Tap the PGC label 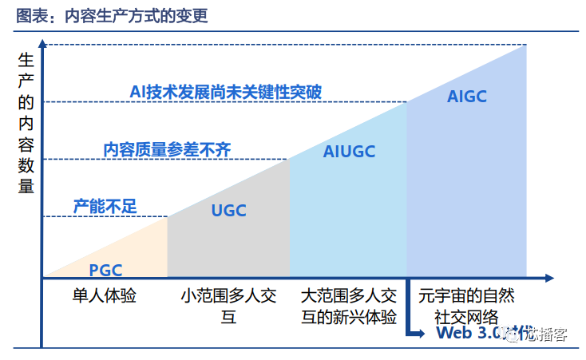[x=105, y=270]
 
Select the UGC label [x=228, y=211]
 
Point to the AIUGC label [x=349, y=151]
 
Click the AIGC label [x=467, y=97]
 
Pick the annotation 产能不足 [x=105, y=206]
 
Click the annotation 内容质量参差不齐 [x=167, y=148]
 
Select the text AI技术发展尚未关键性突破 [x=225, y=92]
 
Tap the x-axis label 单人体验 [x=105, y=295]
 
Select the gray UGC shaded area [x=240, y=239]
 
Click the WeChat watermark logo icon [x=509, y=333]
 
